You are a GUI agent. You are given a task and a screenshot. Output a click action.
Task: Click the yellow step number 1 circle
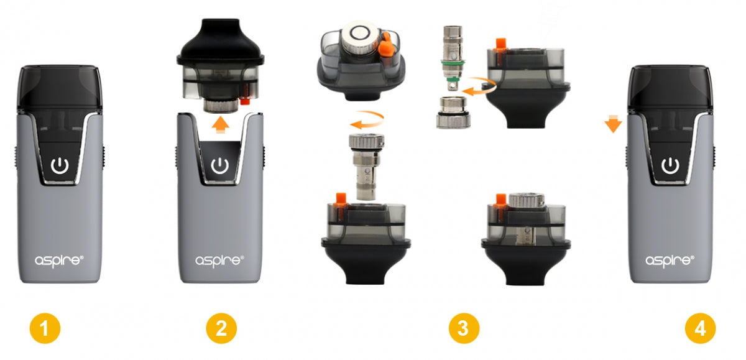45,328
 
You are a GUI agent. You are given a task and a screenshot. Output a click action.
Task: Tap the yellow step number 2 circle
221,328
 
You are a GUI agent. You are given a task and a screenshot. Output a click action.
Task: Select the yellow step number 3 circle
464,328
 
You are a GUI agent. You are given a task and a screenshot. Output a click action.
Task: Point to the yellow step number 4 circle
701,328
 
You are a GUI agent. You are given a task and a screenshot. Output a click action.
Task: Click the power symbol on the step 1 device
60,165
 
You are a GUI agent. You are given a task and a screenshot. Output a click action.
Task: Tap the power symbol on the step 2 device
220,165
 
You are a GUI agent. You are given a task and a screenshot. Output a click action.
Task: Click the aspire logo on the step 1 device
59,261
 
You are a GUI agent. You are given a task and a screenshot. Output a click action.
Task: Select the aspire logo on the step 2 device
219,261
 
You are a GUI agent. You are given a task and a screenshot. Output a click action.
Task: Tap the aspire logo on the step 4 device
670,261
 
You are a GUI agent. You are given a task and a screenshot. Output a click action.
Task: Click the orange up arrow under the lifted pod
221,124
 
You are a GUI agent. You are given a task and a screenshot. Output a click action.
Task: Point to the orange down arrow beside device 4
613,124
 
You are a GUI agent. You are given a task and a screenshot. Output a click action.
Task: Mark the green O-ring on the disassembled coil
453,62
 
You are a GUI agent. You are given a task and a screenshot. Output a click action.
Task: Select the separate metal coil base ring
453,113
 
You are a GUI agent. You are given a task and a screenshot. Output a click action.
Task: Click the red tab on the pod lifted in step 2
245,100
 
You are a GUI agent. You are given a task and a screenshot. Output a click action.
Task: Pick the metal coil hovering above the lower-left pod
366,167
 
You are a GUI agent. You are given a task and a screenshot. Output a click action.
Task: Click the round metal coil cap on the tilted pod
360,36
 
